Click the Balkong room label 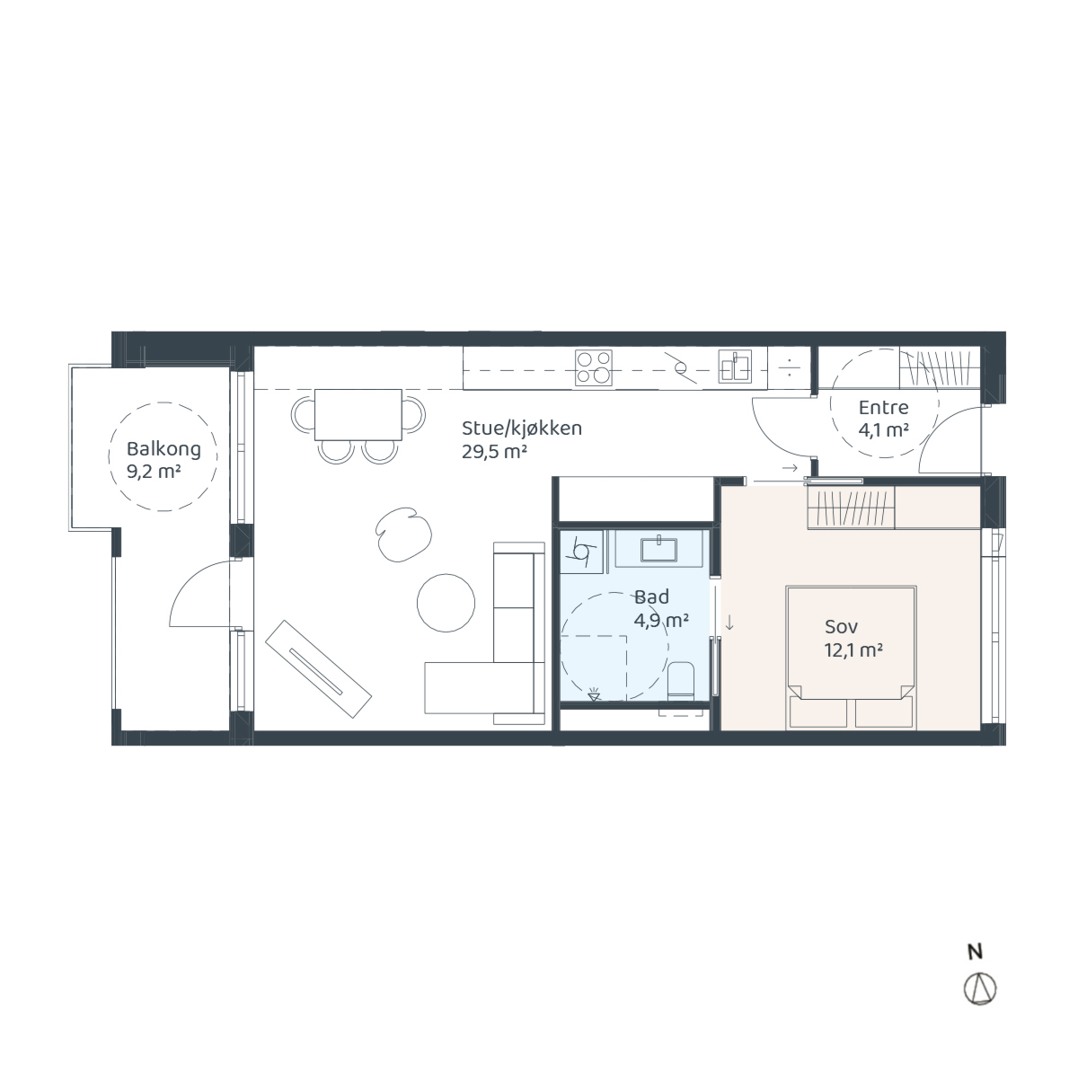[163, 450]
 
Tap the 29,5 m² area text [494, 452]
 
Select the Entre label [883, 407]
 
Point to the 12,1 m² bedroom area [853, 650]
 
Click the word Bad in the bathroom [651, 596]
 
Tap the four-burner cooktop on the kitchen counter [594, 367]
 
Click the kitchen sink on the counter [735, 367]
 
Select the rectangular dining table [358, 414]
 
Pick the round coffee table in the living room [446, 603]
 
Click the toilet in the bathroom [681, 681]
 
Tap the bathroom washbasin [659, 550]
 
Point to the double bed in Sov [851, 658]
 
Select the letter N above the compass [976, 951]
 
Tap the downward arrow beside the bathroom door [729, 623]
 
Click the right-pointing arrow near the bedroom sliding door [790, 468]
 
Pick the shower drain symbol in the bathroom [594, 696]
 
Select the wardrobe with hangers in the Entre [940, 368]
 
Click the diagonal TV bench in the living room [318, 669]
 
